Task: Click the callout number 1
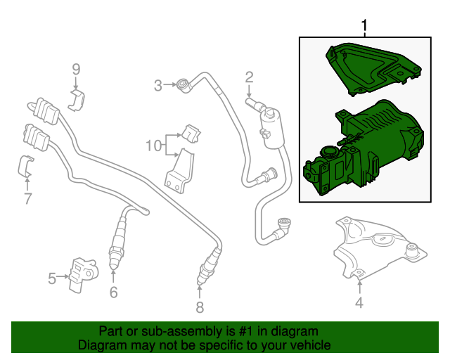(x=364, y=26)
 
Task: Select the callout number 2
(x=249, y=77)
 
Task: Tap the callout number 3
(x=159, y=85)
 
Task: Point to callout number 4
(x=359, y=303)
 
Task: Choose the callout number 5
(x=52, y=279)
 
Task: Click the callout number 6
(x=113, y=292)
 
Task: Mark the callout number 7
(x=27, y=199)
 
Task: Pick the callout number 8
(x=199, y=307)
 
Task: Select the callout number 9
(x=77, y=69)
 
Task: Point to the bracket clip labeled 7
(x=26, y=167)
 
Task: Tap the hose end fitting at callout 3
(x=184, y=85)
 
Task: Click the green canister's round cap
(x=327, y=151)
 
